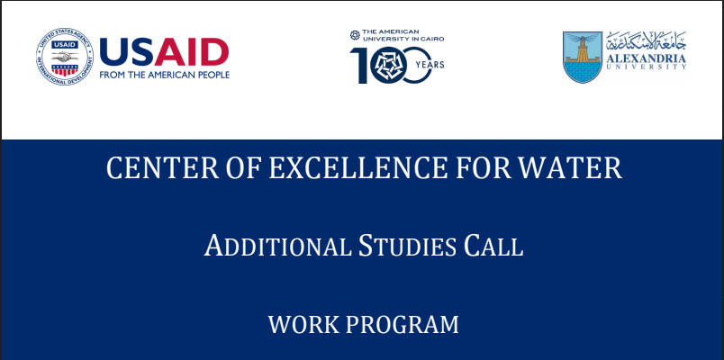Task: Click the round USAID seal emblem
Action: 65,57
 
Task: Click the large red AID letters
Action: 191,52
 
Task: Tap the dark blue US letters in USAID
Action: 126,52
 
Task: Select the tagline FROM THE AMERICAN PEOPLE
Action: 165,75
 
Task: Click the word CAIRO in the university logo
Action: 433,39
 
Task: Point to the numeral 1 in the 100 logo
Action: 358,66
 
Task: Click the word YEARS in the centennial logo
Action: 430,65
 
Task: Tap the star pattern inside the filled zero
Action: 388,66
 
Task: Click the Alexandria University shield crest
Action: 583,58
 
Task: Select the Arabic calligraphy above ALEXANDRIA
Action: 647,41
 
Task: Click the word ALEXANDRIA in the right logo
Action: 647,58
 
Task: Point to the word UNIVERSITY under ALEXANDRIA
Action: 647,67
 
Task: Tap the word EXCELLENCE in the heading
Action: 358,168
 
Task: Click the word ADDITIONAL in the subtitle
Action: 278,246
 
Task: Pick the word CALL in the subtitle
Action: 493,246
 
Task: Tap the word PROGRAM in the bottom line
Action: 403,325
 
